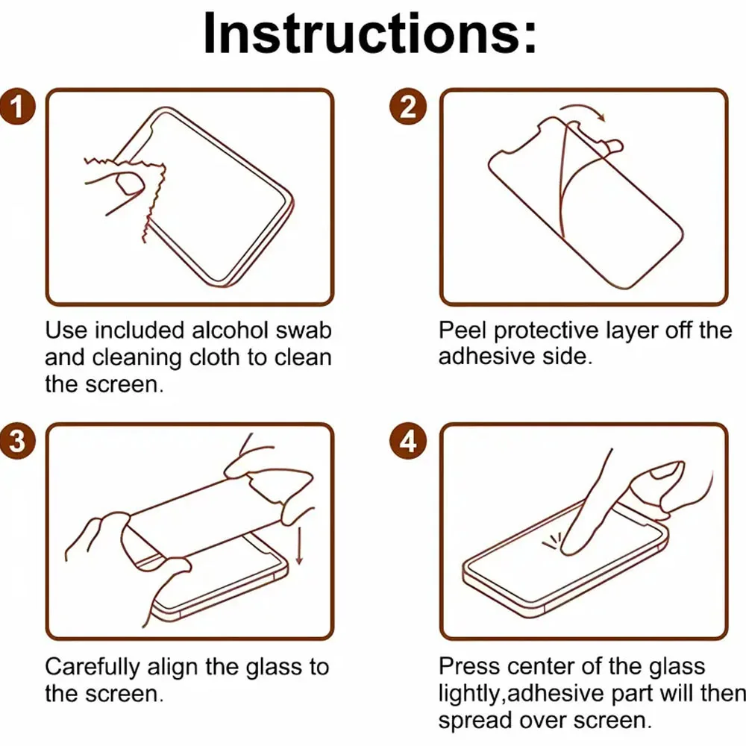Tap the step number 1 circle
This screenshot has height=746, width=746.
[x=17, y=107]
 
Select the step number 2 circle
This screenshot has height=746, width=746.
[x=408, y=107]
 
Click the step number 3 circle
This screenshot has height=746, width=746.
[x=17, y=441]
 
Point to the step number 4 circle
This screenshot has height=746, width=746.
[x=408, y=441]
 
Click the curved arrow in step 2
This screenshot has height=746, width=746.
[x=583, y=110]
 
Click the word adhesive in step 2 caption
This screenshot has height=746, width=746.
[x=486, y=357]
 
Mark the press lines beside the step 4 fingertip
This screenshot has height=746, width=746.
[x=552, y=542]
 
